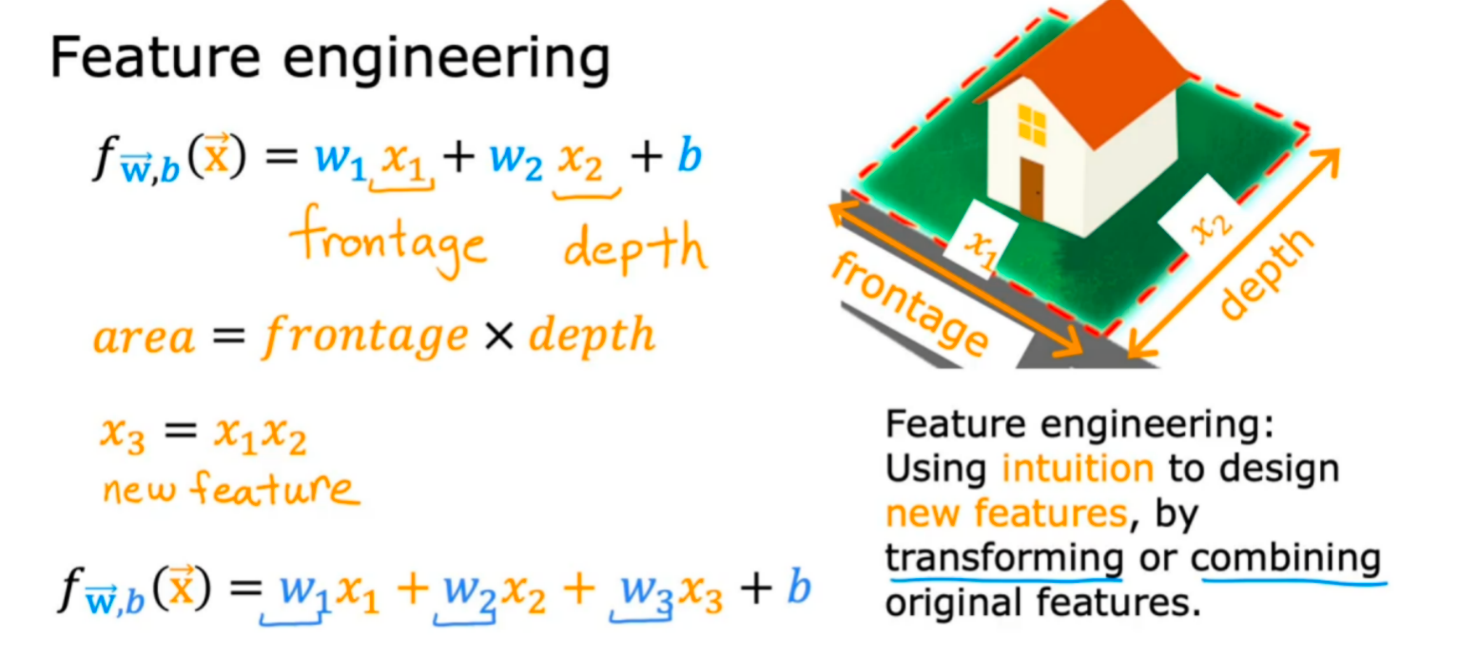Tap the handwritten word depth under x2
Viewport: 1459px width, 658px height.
pyautogui.click(x=635, y=249)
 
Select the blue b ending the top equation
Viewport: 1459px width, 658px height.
pyautogui.click(x=689, y=157)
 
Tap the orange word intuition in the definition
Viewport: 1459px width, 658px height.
pyautogui.click(x=1077, y=468)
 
